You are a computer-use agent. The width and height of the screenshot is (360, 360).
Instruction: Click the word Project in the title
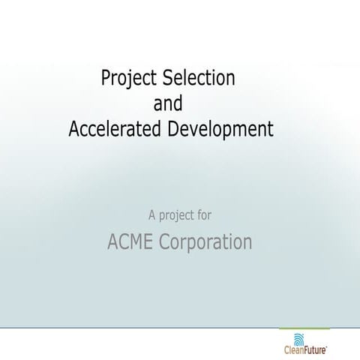tap(127, 78)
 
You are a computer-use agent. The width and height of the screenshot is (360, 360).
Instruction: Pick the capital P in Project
tap(105, 77)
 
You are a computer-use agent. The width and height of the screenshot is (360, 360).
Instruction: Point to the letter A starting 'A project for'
tap(152, 216)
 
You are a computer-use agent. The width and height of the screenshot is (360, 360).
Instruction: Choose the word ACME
tap(130, 242)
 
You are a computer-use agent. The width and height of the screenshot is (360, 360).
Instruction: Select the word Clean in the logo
tap(295, 349)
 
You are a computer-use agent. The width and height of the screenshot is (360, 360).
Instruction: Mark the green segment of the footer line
tap(303, 328)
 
